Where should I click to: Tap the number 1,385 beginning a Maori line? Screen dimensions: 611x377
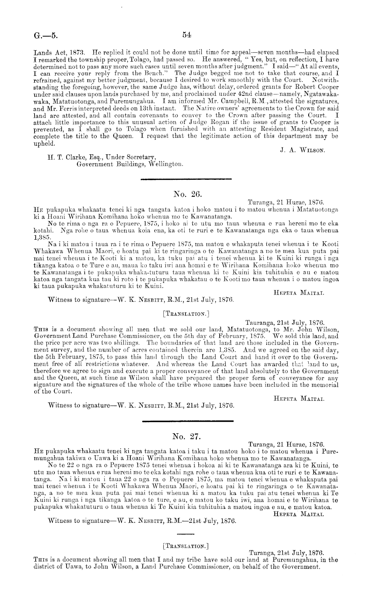42,237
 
